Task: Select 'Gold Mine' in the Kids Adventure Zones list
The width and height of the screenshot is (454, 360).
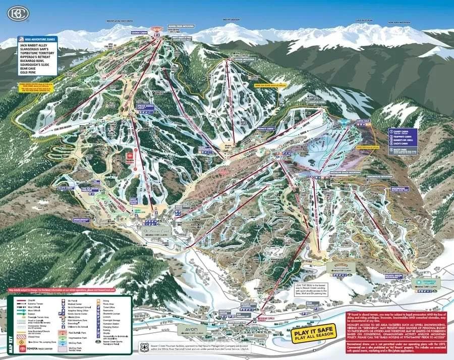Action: (29, 73)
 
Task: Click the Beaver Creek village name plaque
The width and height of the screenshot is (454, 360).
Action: (155, 232)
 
